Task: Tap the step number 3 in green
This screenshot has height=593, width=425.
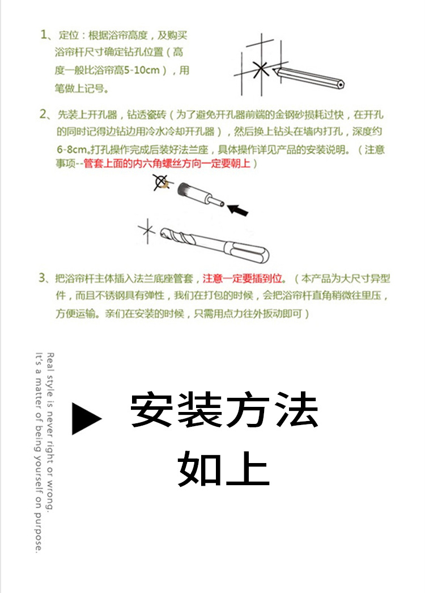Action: (x=44, y=278)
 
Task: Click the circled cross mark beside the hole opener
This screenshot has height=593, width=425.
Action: (x=162, y=182)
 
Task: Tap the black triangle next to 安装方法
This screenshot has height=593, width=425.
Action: (x=85, y=419)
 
